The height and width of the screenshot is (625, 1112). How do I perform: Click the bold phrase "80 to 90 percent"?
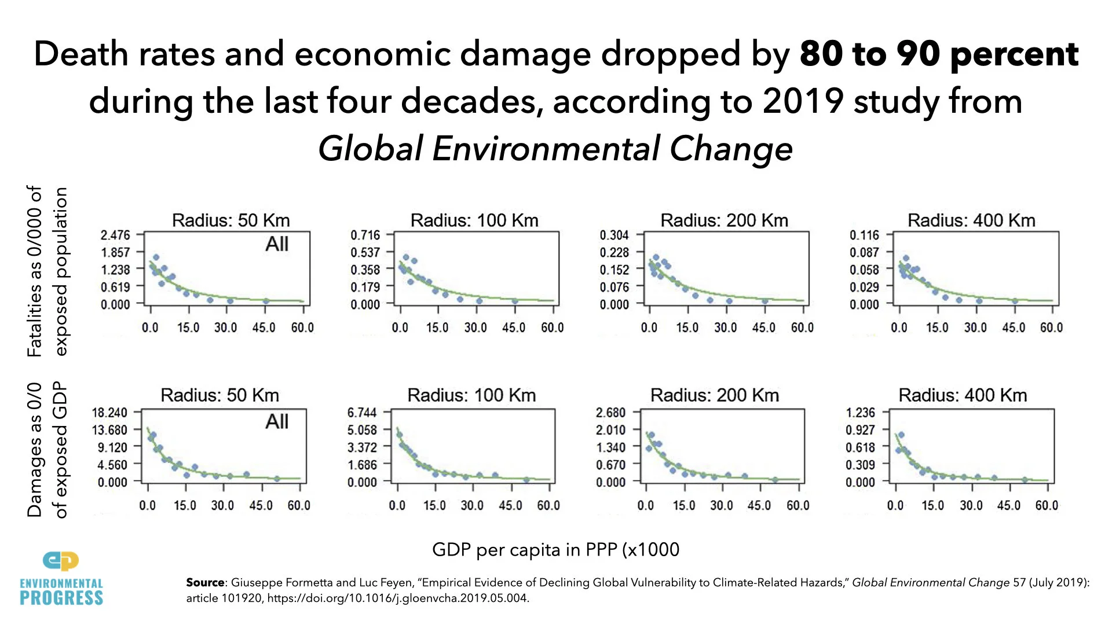coord(938,54)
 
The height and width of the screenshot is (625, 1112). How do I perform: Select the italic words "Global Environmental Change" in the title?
coord(555,149)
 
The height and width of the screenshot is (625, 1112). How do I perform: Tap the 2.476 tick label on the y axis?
coord(115,235)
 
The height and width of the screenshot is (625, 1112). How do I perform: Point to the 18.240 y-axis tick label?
coord(109,413)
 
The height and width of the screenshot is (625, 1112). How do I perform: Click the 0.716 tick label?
coord(365,235)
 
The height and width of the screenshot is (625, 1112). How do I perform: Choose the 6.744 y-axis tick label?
coord(361,413)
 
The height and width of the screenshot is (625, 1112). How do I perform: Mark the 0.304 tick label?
coord(614,235)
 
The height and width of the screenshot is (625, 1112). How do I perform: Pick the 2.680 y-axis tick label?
coord(610,413)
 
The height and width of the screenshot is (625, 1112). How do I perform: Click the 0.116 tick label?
coord(864,235)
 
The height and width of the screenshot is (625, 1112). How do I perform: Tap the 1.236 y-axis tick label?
coord(860,413)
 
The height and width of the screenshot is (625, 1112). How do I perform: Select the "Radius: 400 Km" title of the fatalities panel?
coord(971,220)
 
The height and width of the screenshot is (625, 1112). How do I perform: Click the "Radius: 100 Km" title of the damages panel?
coord(471,395)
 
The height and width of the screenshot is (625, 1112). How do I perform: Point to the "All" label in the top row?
coord(277,244)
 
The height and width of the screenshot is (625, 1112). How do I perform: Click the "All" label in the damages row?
coord(277,421)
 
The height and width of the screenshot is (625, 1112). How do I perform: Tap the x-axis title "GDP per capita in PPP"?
coord(555,549)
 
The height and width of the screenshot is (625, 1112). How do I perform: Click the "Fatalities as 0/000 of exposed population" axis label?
coord(47,271)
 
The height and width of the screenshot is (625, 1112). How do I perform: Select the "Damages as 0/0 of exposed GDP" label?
coord(47,450)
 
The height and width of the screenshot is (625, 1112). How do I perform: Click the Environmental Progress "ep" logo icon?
coord(61,560)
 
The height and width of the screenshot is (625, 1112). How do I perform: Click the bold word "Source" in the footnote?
coord(205,583)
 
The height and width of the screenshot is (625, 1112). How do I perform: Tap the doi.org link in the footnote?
coord(398,598)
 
